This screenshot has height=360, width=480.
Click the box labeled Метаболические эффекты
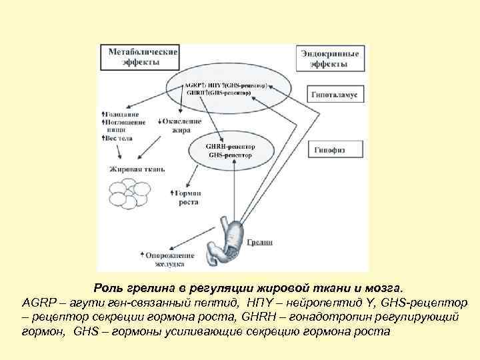coord(139,57)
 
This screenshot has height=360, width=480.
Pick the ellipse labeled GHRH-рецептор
coord(231,149)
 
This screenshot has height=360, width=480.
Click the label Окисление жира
coord(179,125)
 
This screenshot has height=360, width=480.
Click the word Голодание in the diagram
coord(121,115)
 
